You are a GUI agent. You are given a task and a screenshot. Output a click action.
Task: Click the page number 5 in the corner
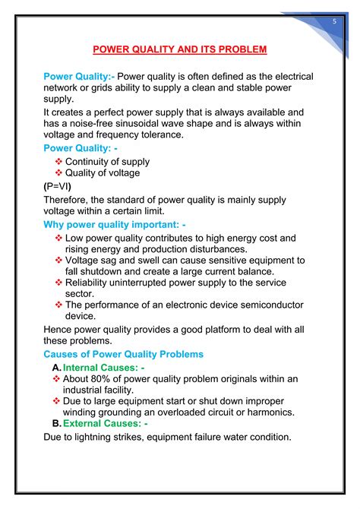[x=334, y=22]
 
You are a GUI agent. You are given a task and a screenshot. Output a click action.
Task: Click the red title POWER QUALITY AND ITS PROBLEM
[x=180, y=50]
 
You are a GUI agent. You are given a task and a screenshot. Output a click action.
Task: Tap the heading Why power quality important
[x=115, y=225]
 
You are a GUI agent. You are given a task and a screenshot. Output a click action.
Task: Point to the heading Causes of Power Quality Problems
[x=123, y=355]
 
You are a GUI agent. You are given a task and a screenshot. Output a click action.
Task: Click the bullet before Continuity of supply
[x=59, y=162]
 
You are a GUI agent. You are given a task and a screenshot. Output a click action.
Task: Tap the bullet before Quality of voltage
[x=59, y=173]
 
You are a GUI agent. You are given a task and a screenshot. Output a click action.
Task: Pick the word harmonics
[x=272, y=413]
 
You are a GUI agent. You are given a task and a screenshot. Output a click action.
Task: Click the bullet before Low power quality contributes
[x=59, y=238]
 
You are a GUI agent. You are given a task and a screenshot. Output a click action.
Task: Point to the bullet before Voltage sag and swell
[x=59, y=260]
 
